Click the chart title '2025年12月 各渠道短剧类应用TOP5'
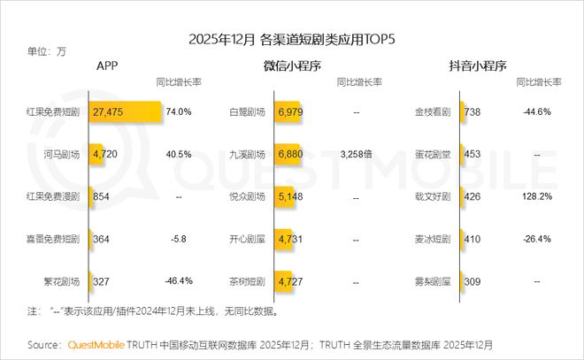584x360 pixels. (291, 40)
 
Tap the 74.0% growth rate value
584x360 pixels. (179, 112)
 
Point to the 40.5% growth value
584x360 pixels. (179, 154)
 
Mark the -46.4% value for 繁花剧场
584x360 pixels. (179, 281)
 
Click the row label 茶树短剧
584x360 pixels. (246, 281)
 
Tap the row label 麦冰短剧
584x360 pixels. (433, 239)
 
